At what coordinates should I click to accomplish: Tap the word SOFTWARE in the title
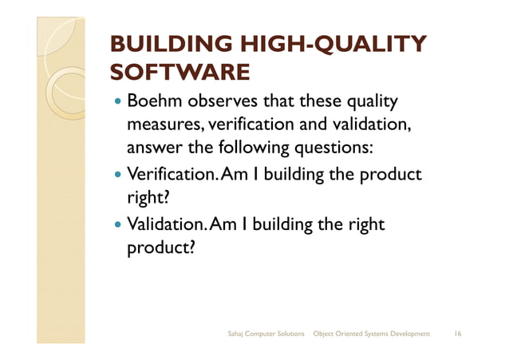pos(180,73)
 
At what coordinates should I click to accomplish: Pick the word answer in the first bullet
pos(152,149)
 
